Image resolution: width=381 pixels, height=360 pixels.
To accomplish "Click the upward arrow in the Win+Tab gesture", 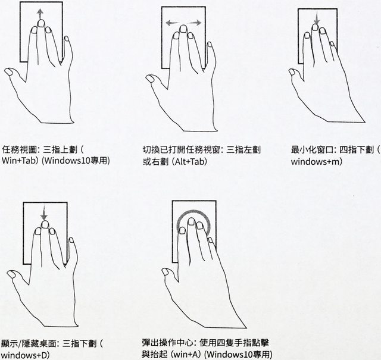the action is click(x=40, y=14).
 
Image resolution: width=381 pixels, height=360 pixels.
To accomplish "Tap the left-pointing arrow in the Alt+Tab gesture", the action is click(x=173, y=23).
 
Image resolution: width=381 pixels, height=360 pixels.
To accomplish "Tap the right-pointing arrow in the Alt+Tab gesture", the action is click(x=195, y=23).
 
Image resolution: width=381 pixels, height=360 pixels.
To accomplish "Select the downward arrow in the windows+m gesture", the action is click(x=316, y=18).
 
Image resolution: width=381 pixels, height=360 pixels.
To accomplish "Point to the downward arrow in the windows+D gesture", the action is click(x=44, y=214).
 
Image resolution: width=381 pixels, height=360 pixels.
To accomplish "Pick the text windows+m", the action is click(x=316, y=161).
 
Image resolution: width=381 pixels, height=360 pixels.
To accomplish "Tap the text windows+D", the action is click(x=25, y=355).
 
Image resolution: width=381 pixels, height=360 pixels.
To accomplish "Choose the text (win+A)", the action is click(x=186, y=354).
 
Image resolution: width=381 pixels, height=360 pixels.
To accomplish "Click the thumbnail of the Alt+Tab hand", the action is click(x=149, y=79).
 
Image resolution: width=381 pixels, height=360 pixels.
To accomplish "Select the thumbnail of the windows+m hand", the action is click(x=292, y=72).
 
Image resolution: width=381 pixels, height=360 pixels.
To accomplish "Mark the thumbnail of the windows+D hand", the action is click(x=11, y=274).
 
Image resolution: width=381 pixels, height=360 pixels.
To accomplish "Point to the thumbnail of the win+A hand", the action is click(x=165, y=271).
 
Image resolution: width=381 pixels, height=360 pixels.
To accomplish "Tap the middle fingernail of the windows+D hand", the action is click(x=45, y=224).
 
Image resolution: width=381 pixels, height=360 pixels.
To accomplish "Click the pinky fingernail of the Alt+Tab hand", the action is click(x=210, y=44).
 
